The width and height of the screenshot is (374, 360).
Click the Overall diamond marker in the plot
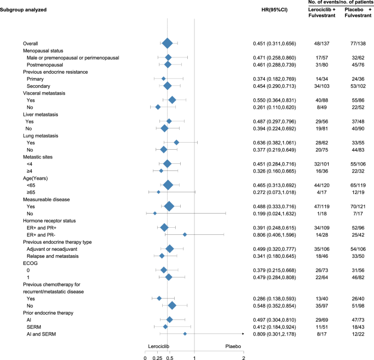[168, 43]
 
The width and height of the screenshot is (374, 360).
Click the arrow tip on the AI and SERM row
[242, 334]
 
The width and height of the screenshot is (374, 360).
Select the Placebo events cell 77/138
[356, 43]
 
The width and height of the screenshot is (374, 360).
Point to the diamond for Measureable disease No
[155, 213]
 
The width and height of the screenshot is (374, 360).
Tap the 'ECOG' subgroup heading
[30, 263]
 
